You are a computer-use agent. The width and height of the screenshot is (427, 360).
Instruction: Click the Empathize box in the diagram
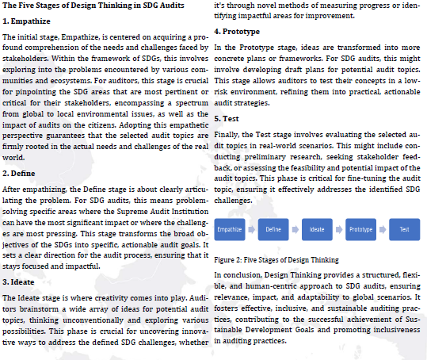[x=230, y=229]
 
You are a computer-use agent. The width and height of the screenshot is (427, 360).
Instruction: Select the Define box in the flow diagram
[x=273, y=229]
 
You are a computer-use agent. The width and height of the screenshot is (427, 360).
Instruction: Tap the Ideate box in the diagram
[x=317, y=229]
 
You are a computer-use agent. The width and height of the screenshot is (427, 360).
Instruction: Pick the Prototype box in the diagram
[x=360, y=229]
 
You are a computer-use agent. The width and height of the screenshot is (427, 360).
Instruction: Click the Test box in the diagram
[x=404, y=229]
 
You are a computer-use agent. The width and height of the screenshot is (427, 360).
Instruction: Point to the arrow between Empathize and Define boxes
[x=251, y=229]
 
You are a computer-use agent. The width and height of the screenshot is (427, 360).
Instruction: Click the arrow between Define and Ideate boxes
[x=295, y=229]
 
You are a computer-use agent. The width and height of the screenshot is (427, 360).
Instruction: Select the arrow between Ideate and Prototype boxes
[x=338, y=229]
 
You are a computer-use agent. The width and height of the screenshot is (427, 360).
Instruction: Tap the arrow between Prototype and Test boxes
[x=382, y=229]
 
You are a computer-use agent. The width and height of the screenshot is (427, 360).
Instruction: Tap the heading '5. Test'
[x=230, y=117]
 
